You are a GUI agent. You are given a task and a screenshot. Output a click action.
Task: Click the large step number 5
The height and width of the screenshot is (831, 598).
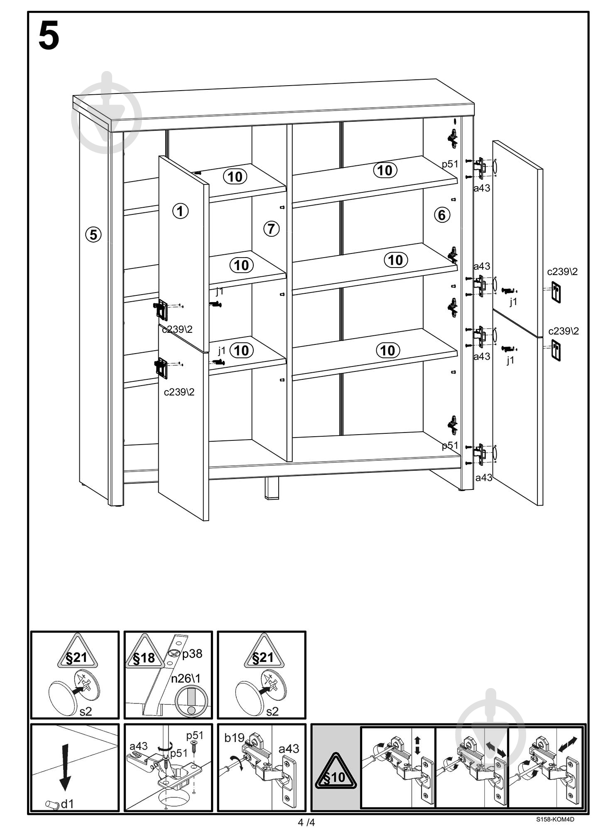[x=49, y=37]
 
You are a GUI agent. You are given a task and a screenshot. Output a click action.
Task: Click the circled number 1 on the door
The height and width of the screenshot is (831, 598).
[x=180, y=211]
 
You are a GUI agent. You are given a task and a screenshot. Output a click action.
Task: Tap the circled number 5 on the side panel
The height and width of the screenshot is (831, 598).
[x=93, y=235]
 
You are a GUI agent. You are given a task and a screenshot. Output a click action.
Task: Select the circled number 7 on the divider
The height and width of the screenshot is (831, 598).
[x=271, y=228]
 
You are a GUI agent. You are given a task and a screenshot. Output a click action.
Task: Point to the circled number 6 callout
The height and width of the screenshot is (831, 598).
[x=442, y=215]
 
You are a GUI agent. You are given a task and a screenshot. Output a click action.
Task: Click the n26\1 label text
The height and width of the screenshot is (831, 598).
[x=186, y=679]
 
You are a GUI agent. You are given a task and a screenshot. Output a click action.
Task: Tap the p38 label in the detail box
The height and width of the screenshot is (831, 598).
[x=192, y=654]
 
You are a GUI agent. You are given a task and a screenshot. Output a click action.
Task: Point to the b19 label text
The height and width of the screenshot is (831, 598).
[x=234, y=738]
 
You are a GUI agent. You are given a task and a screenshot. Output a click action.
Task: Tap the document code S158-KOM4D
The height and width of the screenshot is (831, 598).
[x=555, y=819]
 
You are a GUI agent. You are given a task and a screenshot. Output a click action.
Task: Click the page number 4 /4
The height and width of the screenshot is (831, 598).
[x=306, y=822]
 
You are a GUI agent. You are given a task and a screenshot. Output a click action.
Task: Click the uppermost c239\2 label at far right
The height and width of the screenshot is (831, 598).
[x=562, y=272]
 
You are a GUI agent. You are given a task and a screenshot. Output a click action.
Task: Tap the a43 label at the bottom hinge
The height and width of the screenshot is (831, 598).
[x=483, y=477]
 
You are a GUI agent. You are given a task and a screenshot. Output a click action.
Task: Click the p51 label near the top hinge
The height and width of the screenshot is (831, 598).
[x=450, y=164]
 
